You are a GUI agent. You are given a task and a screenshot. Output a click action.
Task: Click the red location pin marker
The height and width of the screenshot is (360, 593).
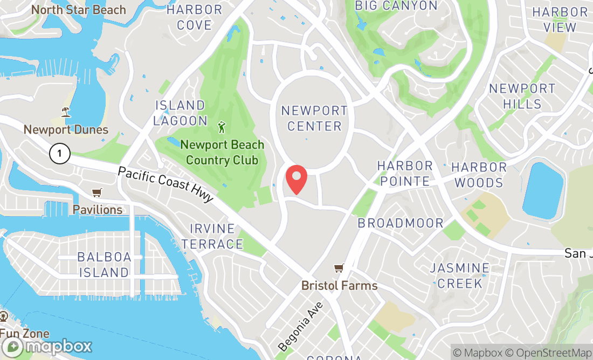296,179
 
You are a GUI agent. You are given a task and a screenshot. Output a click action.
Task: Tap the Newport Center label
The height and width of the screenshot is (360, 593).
314,119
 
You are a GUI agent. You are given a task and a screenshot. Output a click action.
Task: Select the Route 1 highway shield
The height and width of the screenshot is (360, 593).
59,154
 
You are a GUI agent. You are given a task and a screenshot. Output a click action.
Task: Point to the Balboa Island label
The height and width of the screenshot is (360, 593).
104,265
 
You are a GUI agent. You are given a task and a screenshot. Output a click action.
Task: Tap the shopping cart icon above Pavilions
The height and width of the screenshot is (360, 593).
97,193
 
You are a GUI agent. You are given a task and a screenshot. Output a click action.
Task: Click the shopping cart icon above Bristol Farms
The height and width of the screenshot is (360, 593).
339,268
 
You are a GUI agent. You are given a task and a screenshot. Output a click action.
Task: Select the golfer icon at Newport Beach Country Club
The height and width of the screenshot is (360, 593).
222,128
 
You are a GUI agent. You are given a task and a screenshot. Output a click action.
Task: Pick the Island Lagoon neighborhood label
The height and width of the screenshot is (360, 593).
180,113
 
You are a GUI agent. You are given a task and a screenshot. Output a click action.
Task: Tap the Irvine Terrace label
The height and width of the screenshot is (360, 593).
208,236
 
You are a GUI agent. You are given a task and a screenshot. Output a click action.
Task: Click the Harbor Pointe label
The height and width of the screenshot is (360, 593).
405,173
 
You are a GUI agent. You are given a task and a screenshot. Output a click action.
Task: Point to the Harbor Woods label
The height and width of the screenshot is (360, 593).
479,175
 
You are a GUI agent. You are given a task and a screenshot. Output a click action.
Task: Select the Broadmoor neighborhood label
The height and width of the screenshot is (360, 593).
401,223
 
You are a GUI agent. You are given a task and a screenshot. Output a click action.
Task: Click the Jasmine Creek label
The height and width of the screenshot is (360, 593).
460,275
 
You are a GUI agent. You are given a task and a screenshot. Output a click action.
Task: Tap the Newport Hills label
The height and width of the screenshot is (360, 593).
522,96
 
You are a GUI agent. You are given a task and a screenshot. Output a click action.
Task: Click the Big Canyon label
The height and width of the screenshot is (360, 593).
396,6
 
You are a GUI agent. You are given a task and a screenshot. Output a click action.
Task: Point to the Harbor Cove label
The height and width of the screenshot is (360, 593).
195,17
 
